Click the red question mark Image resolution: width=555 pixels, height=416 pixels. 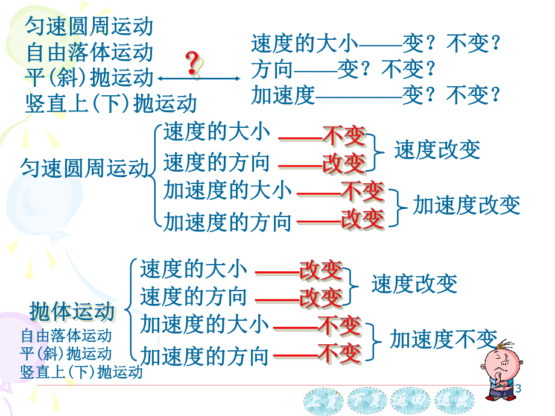click(193, 64)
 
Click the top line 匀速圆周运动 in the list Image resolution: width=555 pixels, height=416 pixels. click(89, 26)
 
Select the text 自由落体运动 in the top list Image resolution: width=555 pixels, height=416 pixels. click(89, 52)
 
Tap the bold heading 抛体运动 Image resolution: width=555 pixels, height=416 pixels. click(72, 312)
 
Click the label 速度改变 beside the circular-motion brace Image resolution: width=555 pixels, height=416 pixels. click(437, 150)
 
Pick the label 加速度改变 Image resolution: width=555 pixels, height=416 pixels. click(466, 206)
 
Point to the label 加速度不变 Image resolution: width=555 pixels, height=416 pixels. click(443, 340)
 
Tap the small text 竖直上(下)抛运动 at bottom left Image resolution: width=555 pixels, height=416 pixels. click(81, 372)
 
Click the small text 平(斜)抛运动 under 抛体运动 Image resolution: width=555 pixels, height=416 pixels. click(66, 353)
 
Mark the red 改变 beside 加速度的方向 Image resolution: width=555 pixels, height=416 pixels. click(362, 219)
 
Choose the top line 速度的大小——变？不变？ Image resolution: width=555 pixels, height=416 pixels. click(376, 43)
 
